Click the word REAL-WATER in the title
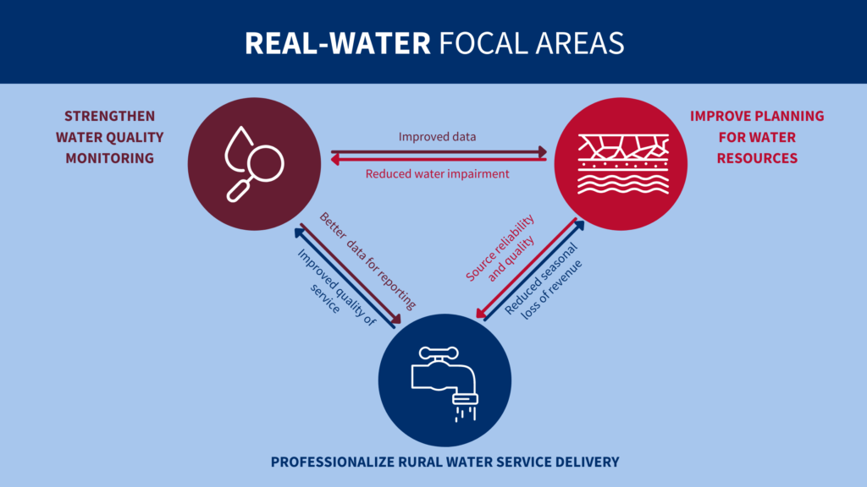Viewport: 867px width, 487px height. [x=337, y=43]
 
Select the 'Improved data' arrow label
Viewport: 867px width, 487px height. [x=438, y=136]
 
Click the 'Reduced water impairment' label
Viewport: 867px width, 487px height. [x=437, y=174]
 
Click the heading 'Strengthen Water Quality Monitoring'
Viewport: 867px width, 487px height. [x=110, y=136]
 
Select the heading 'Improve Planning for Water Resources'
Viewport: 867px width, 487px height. [x=756, y=136]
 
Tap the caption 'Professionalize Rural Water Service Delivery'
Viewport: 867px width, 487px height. [x=445, y=462]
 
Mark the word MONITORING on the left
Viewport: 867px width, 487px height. [x=109, y=157]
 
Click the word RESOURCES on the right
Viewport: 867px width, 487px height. [x=757, y=157]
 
